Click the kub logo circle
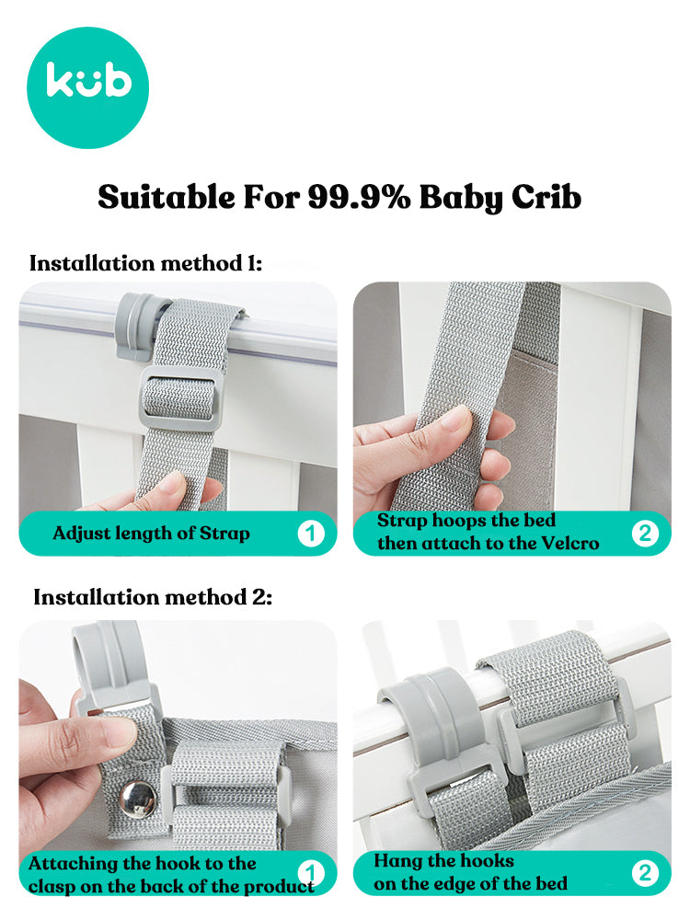[88, 87]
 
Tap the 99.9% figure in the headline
[359, 197]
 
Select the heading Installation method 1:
[145, 263]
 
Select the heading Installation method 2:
[153, 597]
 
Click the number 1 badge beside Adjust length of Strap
[310, 534]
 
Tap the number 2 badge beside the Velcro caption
[645, 534]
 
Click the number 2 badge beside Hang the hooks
[645, 873]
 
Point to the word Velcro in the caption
[569, 544]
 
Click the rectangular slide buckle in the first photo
[180, 399]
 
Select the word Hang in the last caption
[397, 861]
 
